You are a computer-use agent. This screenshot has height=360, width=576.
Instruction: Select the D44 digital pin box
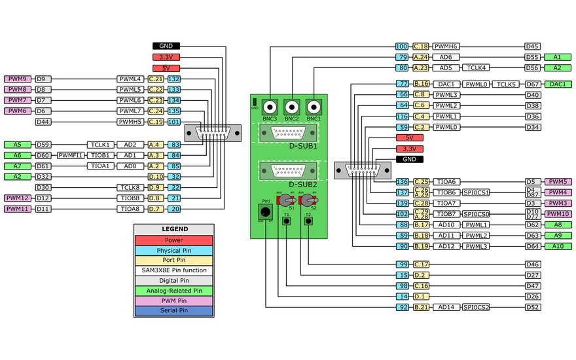(43, 122)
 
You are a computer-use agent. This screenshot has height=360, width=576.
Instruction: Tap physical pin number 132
(173, 79)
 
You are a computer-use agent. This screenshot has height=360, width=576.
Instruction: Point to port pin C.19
(155, 122)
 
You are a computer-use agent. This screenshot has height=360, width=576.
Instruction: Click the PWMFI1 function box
(70, 155)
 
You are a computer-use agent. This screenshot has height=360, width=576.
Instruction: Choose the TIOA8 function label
(130, 209)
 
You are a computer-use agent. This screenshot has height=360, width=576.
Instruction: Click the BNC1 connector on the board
(314, 107)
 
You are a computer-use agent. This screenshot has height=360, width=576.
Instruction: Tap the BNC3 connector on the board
(270, 107)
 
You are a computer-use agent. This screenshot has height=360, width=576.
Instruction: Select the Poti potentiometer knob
(265, 211)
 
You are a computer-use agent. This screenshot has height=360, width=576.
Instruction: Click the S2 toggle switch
(306, 200)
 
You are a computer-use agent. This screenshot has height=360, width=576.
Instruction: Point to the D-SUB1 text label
(303, 145)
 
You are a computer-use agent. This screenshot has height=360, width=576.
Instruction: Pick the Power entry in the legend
(173, 240)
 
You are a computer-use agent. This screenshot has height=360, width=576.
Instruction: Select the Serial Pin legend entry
(173, 312)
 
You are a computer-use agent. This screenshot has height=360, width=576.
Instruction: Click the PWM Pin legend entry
(173, 301)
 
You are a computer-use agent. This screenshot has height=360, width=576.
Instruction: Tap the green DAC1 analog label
(558, 84)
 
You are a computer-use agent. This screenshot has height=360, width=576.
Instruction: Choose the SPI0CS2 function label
(476, 306)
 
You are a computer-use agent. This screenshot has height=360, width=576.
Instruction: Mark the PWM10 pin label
(557, 213)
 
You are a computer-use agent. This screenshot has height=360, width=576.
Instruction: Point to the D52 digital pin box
(533, 306)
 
